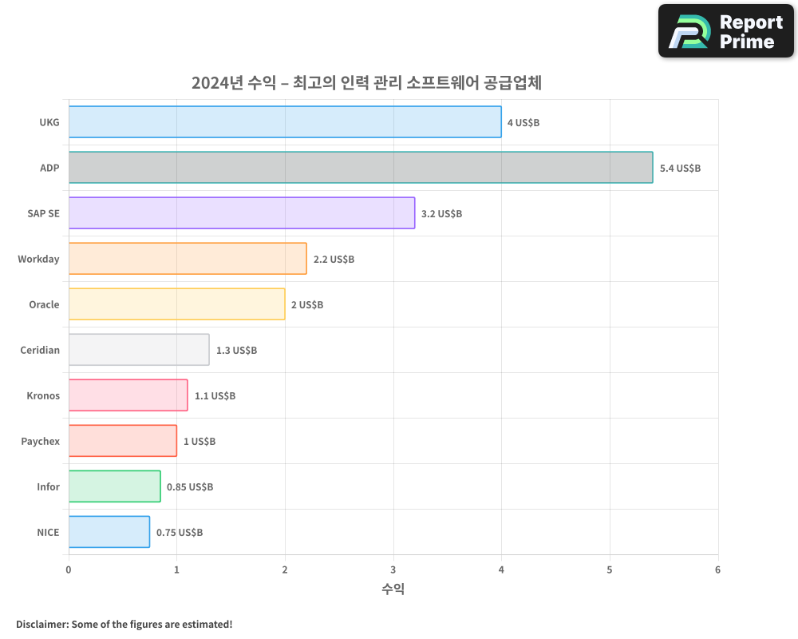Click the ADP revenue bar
pyautogui.click(x=360, y=168)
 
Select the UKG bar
pyautogui.click(x=285, y=122)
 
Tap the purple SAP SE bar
pyautogui.click(x=241, y=213)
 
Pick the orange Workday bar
pyautogui.click(x=188, y=259)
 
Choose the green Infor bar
pyautogui.click(x=114, y=486)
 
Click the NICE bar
pyautogui.click(x=109, y=532)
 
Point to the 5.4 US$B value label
pyautogui.click(x=680, y=169)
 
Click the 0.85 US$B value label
pyautogui.click(x=190, y=487)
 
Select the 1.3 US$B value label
pyautogui.click(x=236, y=351)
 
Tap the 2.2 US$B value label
pyautogui.click(x=334, y=260)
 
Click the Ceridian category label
pyautogui.click(x=40, y=350)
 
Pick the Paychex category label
pyautogui.click(x=40, y=441)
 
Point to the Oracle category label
pyautogui.click(x=44, y=304)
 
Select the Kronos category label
pyautogui.click(x=43, y=395)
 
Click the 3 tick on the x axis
pyautogui.click(x=393, y=570)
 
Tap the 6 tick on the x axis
pyautogui.click(x=717, y=570)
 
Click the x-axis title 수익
pyautogui.click(x=393, y=589)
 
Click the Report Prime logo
pyautogui.click(x=726, y=31)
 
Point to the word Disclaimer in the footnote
pyautogui.click(x=41, y=624)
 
